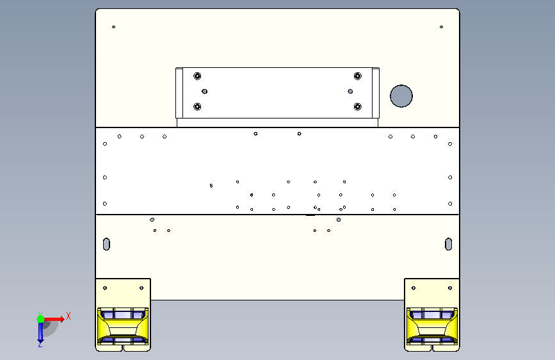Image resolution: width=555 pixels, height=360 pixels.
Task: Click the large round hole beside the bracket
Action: (x=401, y=96)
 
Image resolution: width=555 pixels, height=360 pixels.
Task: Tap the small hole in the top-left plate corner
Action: (x=113, y=27)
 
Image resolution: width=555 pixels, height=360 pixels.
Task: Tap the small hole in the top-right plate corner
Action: (x=442, y=27)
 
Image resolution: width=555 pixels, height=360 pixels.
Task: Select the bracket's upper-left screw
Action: (x=197, y=76)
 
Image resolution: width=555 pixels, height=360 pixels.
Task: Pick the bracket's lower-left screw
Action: (x=197, y=106)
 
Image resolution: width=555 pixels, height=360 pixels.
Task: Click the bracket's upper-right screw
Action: (x=358, y=76)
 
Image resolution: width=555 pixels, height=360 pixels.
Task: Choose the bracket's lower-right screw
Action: (x=358, y=106)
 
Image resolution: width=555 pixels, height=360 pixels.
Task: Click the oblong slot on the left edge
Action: (x=106, y=244)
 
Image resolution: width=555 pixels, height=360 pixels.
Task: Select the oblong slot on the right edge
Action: (x=449, y=244)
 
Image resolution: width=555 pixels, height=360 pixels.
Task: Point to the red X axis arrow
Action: (x=54, y=319)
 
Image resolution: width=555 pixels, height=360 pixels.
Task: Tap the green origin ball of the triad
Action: (x=41, y=319)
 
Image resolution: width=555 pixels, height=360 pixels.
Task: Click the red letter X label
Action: (x=68, y=316)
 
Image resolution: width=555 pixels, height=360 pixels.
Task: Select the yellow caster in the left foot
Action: (x=123, y=326)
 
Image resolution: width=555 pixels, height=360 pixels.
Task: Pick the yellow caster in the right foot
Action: (x=432, y=326)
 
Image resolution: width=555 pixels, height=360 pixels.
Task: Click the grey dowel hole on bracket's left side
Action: (x=205, y=92)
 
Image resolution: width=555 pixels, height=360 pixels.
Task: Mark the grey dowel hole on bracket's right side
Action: (x=350, y=92)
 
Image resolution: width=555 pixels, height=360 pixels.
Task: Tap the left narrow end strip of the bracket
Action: (x=179, y=93)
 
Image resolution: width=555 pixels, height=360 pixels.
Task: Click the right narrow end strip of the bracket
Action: (x=376, y=93)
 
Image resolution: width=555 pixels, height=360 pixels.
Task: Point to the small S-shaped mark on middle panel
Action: (x=211, y=186)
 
